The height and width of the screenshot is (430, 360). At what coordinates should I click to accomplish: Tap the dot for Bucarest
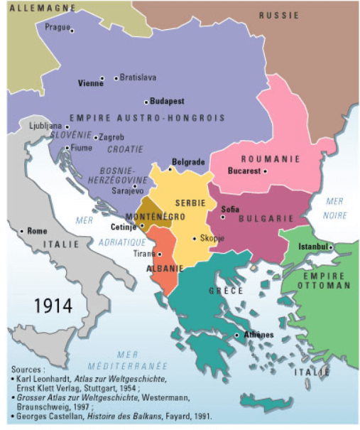[265, 171]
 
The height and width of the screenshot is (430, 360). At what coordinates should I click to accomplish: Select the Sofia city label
[230, 209]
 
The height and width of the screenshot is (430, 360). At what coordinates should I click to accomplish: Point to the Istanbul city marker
[331, 247]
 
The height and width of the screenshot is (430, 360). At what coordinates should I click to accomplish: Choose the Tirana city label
[144, 253]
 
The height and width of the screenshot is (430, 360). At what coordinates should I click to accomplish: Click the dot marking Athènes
[237, 335]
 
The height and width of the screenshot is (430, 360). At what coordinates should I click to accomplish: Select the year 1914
[53, 305]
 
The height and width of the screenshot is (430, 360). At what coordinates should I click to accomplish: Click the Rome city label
[36, 231]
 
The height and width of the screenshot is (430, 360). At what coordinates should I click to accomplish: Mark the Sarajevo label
[128, 190]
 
